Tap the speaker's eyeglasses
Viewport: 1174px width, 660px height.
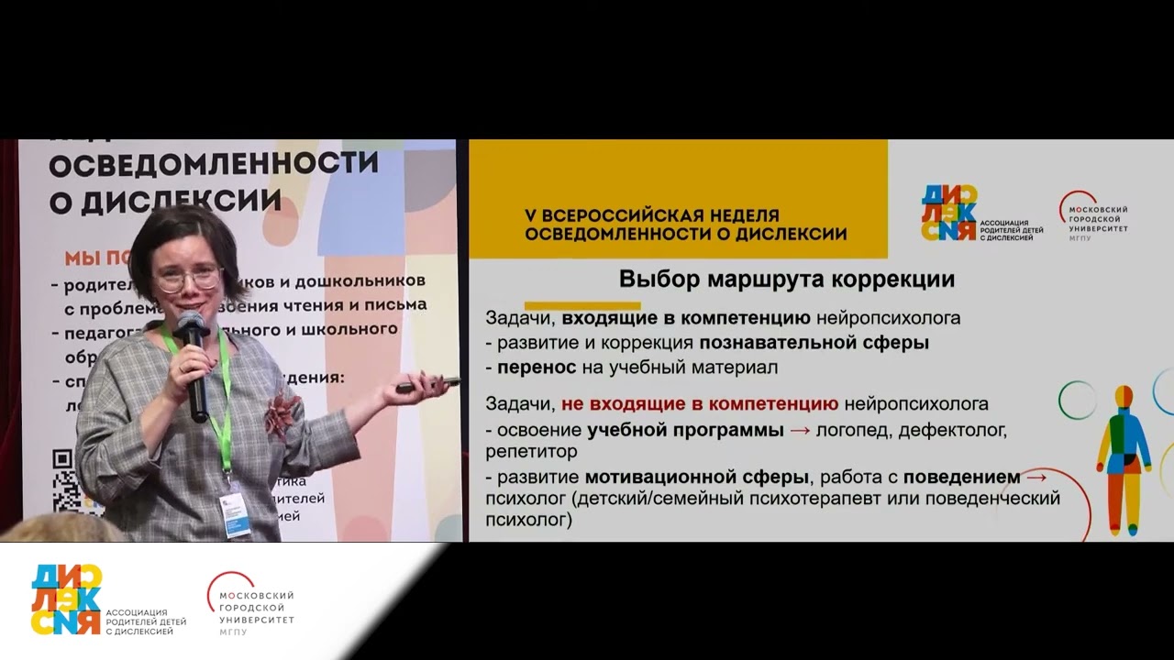pyautogui.click(x=188, y=279)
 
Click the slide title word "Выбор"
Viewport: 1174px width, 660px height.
pyautogui.click(x=656, y=279)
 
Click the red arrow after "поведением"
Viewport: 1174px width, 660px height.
pyautogui.click(x=1036, y=477)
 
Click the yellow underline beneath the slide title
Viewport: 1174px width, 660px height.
pyautogui.click(x=581, y=304)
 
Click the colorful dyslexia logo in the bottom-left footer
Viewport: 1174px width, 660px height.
pyautogui.click(x=66, y=599)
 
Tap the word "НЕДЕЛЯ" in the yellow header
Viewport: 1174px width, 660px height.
pyautogui.click(x=742, y=215)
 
